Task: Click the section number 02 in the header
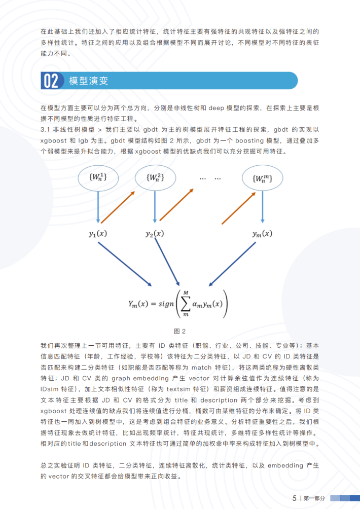(x=51, y=81)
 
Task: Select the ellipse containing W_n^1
(x=97, y=178)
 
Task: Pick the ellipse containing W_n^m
(x=262, y=178)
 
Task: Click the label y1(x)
(x=98, y=234)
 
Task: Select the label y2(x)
(x=155, y=234)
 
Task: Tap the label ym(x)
(x=262, y=234)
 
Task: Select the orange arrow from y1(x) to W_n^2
(x=119, y=207)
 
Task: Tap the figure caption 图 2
(x=180, y=331)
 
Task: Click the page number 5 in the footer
(x=294, y=498)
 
